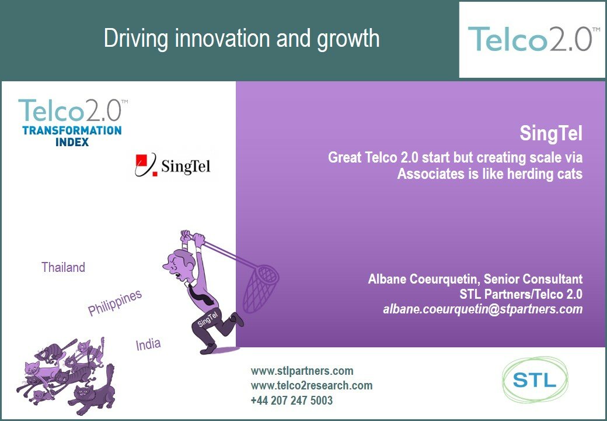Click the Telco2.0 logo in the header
point(530,39)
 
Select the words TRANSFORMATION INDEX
point(72,136)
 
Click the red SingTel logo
point(173,165)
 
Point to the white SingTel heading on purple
point(551,133)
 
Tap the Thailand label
point(63,267)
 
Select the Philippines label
point(115,303)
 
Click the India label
point(148,344)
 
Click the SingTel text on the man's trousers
point(208,319)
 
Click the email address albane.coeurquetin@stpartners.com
point(483,309)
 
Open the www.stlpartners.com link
point(302,371)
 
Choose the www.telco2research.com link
point(312,386)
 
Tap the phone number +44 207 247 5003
point(291,401)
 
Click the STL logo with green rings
point(535,380)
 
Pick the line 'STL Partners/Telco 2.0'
point(521,294)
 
